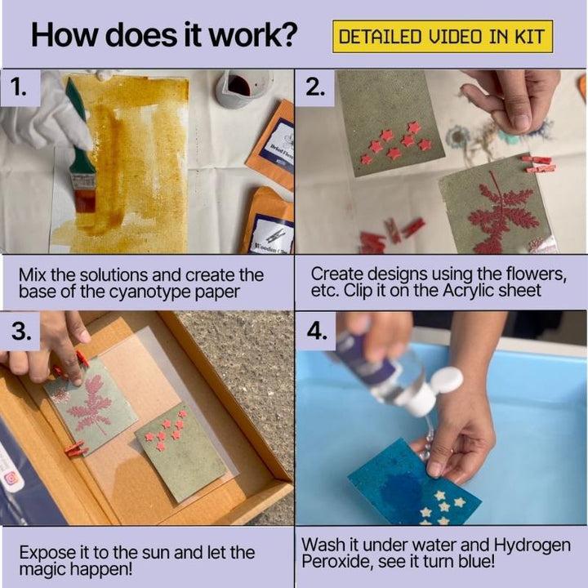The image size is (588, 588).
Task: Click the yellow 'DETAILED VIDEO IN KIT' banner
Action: click(443, 37)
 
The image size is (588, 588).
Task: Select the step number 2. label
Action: click(314, 88)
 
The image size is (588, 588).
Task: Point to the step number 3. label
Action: click(21, 331)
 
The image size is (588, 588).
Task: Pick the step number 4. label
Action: click(317, 331)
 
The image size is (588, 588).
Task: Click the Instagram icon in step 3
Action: click(11, 479)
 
